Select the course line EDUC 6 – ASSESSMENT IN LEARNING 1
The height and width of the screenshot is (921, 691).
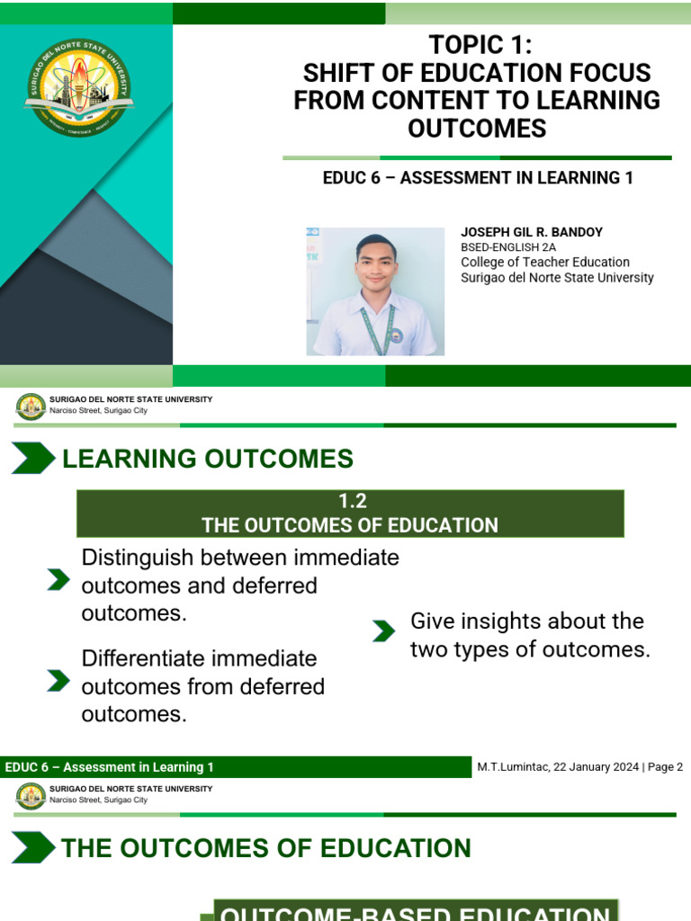tap(478, 178)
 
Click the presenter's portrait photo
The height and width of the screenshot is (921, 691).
tap(375, 291)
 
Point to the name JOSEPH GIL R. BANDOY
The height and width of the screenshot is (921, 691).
tap(532, 232)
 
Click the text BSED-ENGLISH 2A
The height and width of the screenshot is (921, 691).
tap(508, 247)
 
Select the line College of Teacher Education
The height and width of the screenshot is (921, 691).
tap(545, 262)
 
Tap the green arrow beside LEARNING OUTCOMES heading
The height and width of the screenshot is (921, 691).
tap(32, 459)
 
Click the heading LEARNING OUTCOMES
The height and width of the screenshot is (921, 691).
tap(207, 459)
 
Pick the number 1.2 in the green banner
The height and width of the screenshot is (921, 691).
tap(349, 502)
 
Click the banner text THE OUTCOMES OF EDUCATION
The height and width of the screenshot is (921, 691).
tap(349, 525)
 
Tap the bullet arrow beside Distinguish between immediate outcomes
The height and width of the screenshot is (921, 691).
tap(58, 580)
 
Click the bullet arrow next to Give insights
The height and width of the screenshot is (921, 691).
tap(383, 631)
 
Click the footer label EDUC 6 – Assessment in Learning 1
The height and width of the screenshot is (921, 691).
tap(110, 767)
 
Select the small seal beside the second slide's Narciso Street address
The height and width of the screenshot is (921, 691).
tap(31, 795)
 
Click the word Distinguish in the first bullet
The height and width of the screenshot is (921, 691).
tap(137, 558)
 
